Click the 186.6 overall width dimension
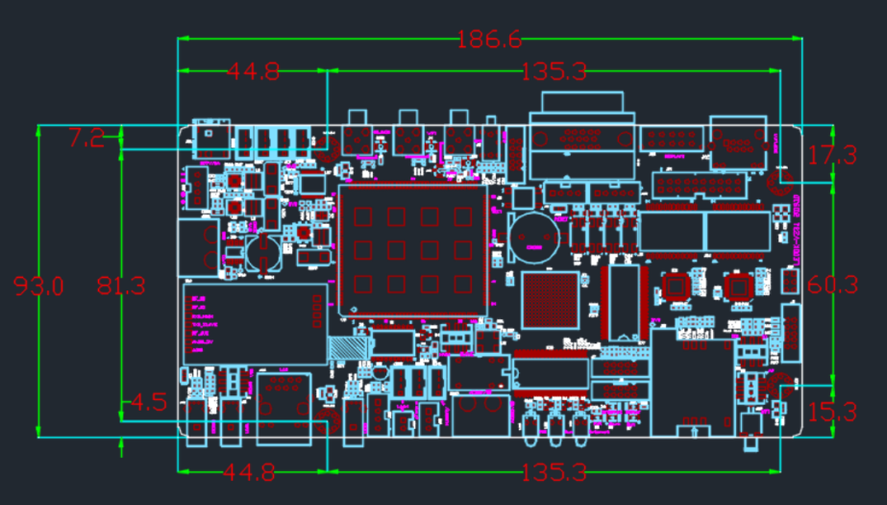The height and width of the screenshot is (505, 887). click(488, 39)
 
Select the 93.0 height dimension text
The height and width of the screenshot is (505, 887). click(38, 286)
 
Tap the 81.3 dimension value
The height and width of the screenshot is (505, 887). click(121, 286)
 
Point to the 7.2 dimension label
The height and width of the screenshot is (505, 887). click(86, 139)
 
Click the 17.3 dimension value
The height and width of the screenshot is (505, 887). click(831, 155)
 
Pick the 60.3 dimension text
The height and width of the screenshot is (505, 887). click(832, 285)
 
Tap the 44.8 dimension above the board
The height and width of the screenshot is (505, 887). click(253, 71)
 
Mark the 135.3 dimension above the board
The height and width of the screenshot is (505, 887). click(554, 71)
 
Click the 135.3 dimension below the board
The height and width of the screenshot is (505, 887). click(554, 472)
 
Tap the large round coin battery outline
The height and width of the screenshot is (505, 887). click(532, 236)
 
